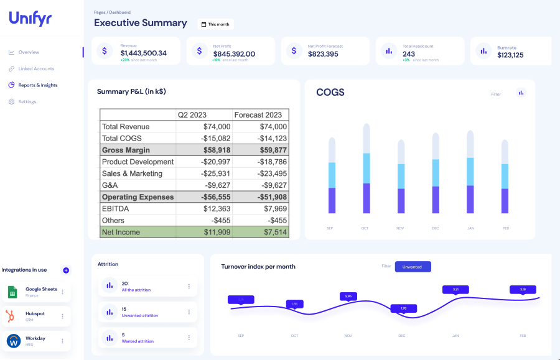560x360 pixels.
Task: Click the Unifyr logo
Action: coord(30,19)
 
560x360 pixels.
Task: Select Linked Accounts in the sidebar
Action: coord(36,68)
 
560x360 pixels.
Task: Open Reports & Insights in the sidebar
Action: coord(37,85)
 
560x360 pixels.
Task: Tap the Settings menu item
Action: coord(27,102)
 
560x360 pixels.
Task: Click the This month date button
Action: coord(215,24)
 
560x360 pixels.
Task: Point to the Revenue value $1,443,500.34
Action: coord(144,53)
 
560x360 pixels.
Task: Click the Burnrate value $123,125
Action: coord(510,55)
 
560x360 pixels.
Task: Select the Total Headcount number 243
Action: coord(409,54)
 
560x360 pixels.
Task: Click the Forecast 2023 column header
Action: coord(258,115)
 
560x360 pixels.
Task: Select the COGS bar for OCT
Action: coord(366,168)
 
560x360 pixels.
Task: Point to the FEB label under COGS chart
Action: coord(505,228)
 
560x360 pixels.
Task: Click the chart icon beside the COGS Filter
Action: coord(521,93)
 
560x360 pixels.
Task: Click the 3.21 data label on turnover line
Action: coord(455,289)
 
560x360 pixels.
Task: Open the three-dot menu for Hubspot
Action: coord(62,316)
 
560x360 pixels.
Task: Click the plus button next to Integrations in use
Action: coord(66,270)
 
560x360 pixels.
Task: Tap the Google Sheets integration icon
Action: coord(12,292)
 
